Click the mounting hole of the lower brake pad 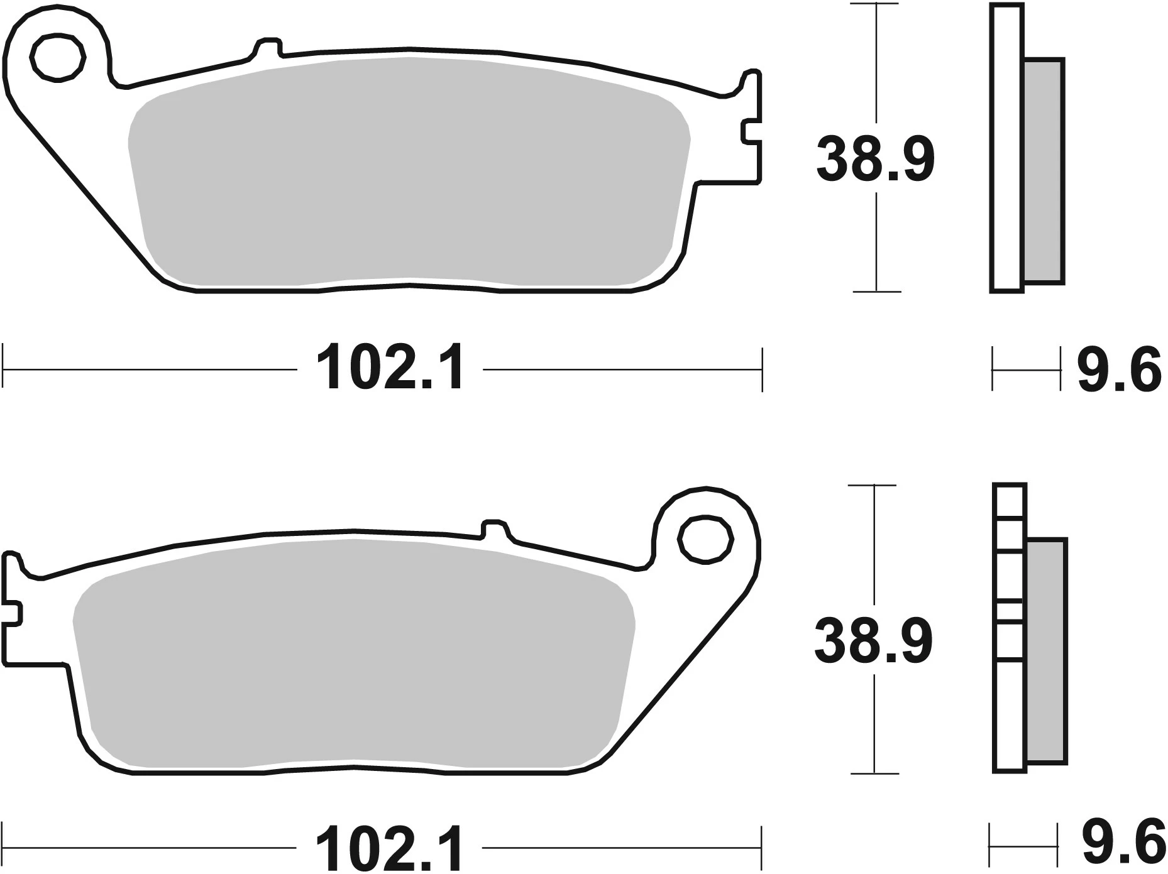coord(706,539)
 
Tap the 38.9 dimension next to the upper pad coord(875,160)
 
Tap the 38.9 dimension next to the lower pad coord(873,640)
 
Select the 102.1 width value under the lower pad coord(390,849)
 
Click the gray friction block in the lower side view coord(1046,651)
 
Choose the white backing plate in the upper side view coord(1006,148)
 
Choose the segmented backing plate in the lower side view coord(1010,628)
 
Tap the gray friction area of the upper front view coord(409,170)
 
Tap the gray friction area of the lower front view coord(352,653)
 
